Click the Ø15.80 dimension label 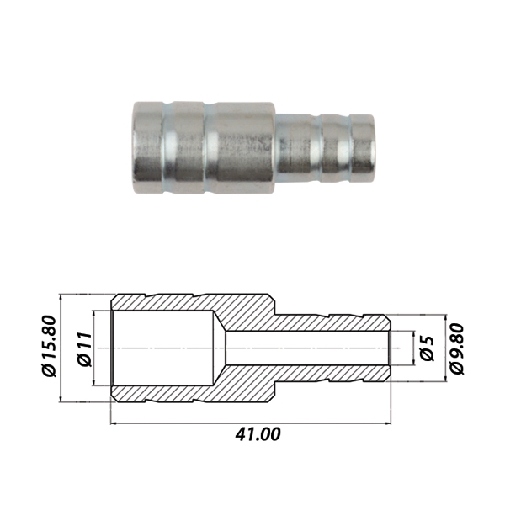[x=50, y=346]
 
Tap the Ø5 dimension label [x=428, y=348]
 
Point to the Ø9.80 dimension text [x=457, y=348]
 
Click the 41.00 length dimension [x=258, y=434]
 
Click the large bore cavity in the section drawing [x=162, y=348]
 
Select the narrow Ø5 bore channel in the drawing [x=307, y=348]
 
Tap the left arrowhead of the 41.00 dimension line [x=114, y=423]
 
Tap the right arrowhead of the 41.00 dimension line [x=388, y=423]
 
